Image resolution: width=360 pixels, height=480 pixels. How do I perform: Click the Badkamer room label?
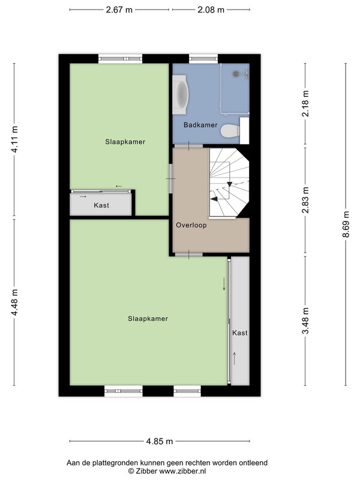click(x=200, y=125)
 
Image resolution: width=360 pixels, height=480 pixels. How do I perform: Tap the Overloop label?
click(x=191, y=226)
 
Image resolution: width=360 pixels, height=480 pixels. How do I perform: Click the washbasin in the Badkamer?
click(x=180, y=95)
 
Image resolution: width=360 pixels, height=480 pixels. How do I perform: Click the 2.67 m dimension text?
click(x=119, y=10)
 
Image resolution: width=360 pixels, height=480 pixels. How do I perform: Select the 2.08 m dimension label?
click(x=211, y=10)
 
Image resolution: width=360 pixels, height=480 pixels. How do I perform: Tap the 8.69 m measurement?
click(x=346, y=224)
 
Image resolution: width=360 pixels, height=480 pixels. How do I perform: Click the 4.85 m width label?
click(x=160, y=442)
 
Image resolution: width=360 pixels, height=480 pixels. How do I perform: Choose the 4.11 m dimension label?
click(x=14, y=139)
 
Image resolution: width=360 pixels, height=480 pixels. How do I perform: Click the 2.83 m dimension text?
click(x=305, y=200)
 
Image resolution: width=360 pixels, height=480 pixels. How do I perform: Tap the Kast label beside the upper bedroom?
click(x=101, y=205)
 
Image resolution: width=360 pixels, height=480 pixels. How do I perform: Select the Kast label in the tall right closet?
click(x=239, y=333)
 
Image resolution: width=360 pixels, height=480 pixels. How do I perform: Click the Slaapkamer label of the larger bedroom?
click(x=148, y=319)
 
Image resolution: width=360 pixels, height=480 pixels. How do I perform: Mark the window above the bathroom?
click(x=203, y=58)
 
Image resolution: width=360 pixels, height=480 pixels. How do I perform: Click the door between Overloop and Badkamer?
click(x=188, y=146)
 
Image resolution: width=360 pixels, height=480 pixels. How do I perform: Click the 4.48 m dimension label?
click(x=14, y=302)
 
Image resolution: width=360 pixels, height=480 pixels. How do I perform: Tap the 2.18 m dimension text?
click(x=305, y=103)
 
